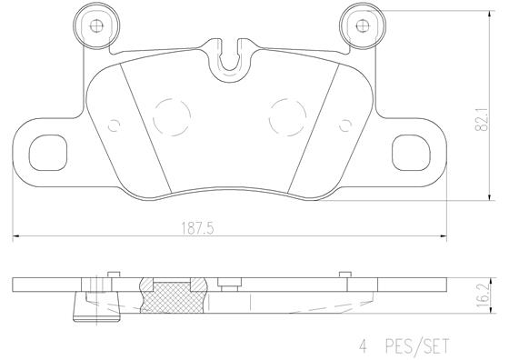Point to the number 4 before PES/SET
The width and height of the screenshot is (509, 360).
tap(362, 345)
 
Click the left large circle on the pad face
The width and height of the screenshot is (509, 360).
tap(173, 115)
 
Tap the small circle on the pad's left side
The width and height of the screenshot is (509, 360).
tap(113, 126)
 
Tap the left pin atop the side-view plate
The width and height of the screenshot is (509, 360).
tap(112, 275)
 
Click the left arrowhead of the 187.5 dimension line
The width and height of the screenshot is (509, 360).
tap(15, 238)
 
